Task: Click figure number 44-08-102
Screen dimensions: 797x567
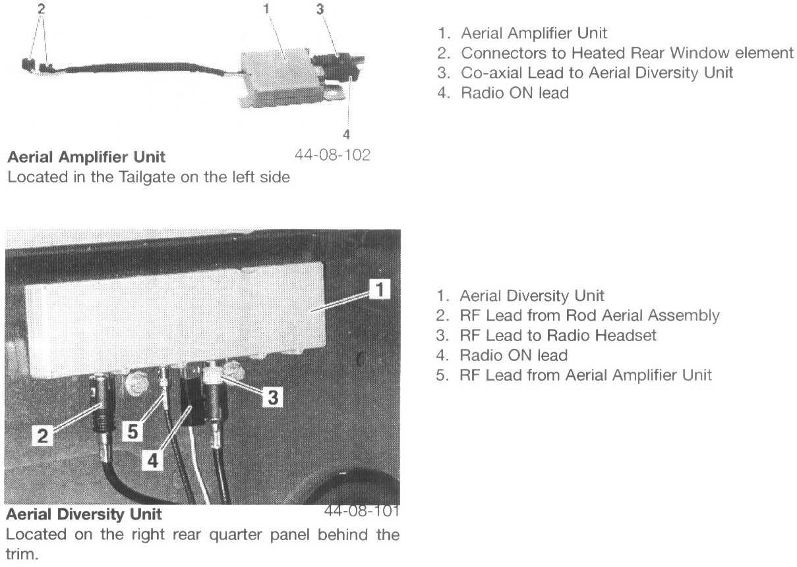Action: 333,155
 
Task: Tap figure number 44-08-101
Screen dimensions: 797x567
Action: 362,511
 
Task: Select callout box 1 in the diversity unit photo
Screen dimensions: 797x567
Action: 380,289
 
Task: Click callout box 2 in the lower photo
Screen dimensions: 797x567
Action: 42,436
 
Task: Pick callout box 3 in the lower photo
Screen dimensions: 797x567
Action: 272,397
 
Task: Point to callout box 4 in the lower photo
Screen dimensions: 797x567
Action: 153,460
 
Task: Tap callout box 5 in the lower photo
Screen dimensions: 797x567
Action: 133,431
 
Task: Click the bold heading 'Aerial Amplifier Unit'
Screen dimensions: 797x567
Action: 86,157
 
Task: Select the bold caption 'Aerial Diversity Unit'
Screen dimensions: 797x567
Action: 84,514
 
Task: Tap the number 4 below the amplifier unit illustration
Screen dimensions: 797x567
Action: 347,134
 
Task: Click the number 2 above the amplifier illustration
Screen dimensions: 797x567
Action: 42,9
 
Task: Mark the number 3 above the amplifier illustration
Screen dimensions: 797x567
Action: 320,9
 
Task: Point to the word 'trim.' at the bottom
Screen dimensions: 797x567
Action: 22,554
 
